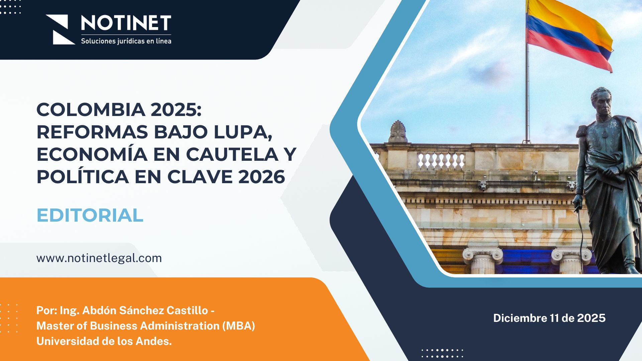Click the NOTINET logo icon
pos(60,29)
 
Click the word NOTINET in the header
pos(126,23)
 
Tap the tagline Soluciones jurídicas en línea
pos(126,41)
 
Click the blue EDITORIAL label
pos(90,215)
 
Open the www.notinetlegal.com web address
pos(99,258)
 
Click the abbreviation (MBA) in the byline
pos(239,326)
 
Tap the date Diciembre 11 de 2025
pos(549,318)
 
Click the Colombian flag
pos(568,33)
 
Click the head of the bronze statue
pos(601,100)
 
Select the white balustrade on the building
pos(441,161)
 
